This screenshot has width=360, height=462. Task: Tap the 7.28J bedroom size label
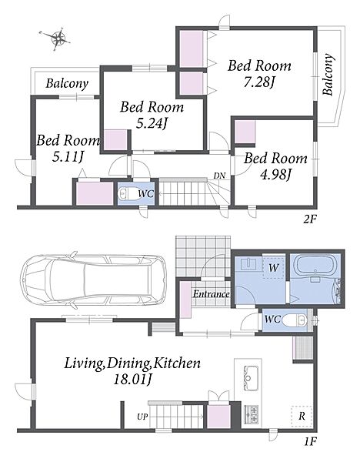258,82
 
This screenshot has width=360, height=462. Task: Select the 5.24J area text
152,123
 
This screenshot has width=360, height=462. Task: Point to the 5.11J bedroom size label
68,157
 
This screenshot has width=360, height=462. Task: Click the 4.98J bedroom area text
275,175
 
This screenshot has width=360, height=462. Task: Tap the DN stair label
219,176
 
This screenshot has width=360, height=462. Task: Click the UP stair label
142,417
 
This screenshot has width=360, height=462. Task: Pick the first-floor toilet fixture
296,320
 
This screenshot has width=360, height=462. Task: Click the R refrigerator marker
302,416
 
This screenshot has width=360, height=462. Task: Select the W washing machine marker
273,267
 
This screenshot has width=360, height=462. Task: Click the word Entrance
211,294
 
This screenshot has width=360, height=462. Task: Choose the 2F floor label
310,219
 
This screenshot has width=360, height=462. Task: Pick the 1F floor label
311,441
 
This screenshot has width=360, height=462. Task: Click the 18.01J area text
133,380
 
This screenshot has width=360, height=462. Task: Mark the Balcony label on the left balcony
67,84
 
